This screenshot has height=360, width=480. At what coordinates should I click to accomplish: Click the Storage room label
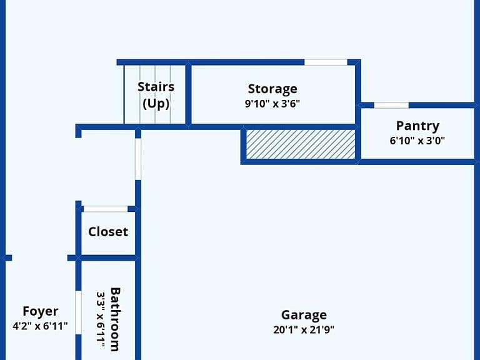(272, 89)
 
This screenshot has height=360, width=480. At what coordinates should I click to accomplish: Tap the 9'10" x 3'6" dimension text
(272, 104)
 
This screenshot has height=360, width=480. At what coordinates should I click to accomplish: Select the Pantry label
(417, 126)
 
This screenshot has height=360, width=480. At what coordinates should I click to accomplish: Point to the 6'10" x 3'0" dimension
(417, 141)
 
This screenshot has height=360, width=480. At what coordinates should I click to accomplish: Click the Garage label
(304, 315)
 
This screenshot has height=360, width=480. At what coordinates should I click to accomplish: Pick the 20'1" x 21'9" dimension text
(304, 330)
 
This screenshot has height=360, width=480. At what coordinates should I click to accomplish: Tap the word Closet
(108, 232)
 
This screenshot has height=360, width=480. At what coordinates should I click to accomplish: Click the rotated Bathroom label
(115, 319)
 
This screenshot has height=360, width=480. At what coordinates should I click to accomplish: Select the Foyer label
(41, 311)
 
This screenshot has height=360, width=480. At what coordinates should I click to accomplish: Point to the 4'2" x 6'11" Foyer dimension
(40, 326)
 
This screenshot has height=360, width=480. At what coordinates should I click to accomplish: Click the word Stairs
(156, 87)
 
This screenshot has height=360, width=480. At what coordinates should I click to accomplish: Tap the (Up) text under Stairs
(156, 104)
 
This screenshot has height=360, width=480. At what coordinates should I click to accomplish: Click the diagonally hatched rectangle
(301, 144)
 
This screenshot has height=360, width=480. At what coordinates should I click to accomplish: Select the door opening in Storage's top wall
(326, 62)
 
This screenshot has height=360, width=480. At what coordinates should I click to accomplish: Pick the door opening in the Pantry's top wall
(391, 105)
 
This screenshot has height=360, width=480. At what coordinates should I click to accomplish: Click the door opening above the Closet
(106, 209)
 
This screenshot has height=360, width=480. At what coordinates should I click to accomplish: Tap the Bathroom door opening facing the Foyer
(78, 312)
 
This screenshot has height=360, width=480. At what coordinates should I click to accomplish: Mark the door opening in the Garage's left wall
(138, 159)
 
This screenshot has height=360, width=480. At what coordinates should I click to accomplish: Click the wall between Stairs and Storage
(189, 94)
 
